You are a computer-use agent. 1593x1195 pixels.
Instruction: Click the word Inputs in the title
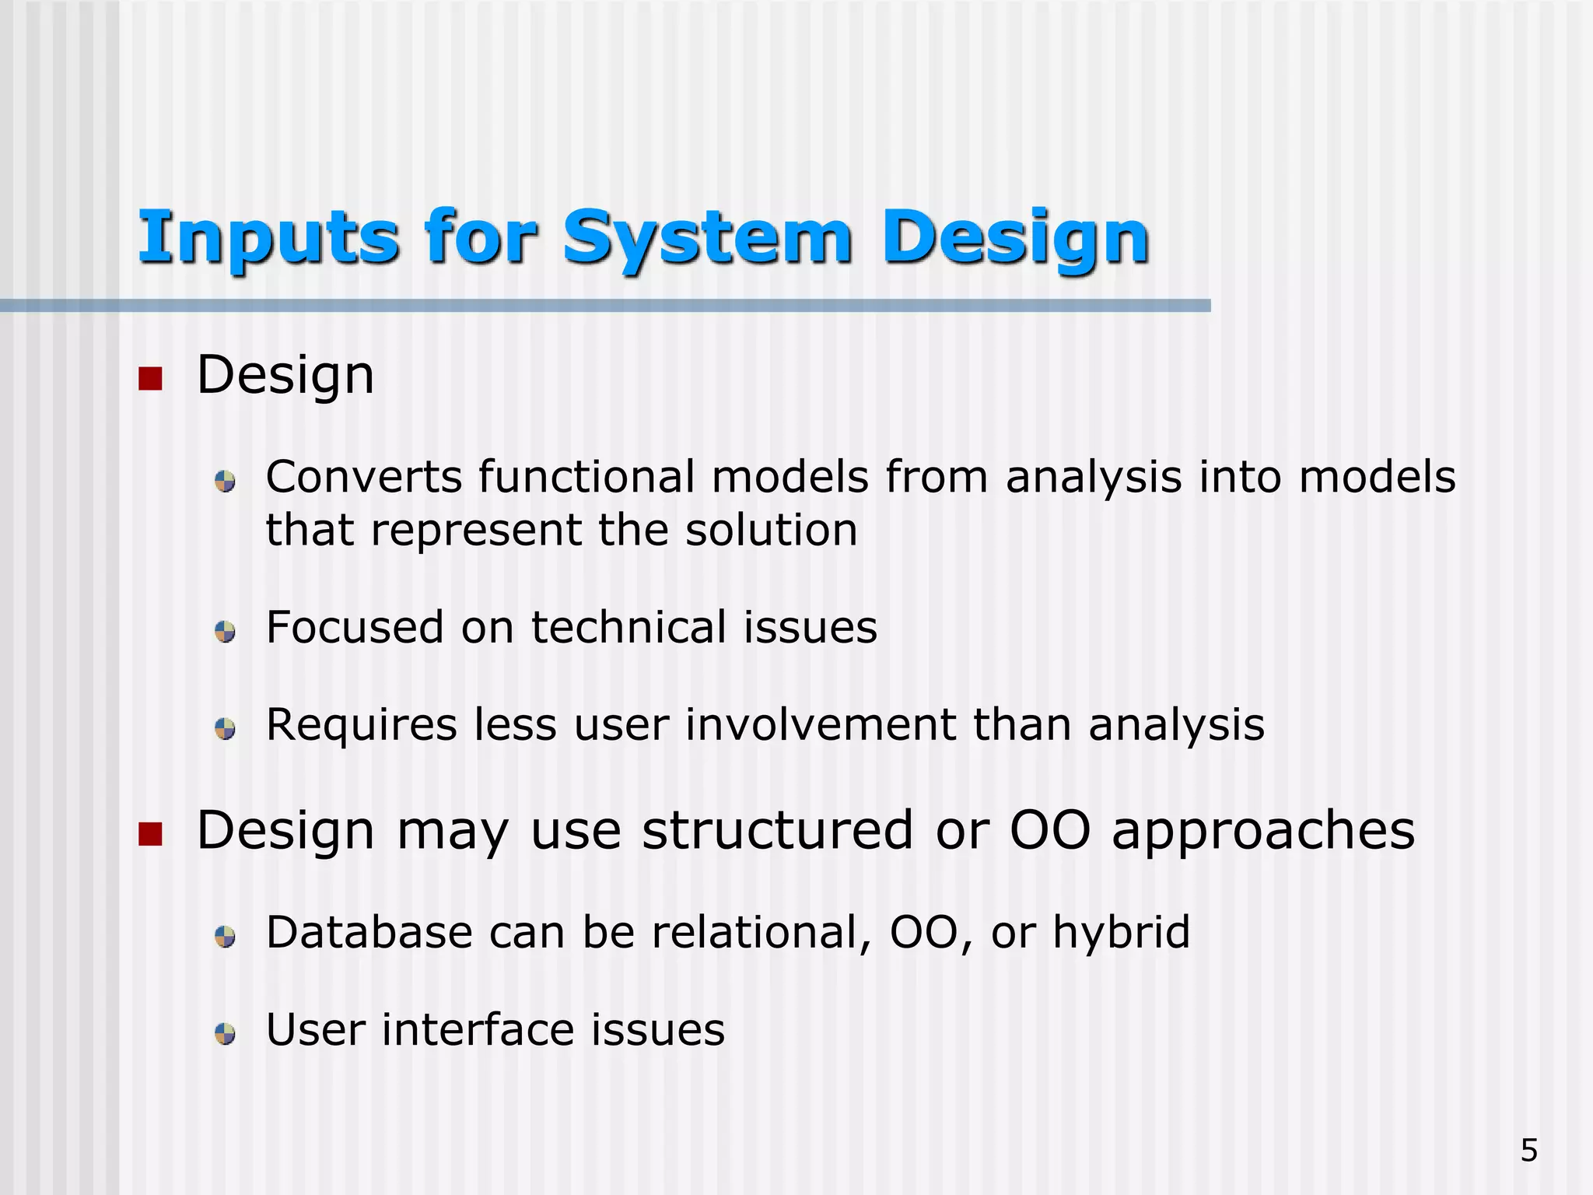coord(268,237)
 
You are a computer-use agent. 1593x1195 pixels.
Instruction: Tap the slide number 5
coord(1528,1150)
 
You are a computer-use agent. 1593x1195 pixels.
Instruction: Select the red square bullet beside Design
coord(149,379)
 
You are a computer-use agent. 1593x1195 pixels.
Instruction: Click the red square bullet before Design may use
coord(149,834)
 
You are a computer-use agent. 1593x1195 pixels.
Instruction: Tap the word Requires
coord(361,725)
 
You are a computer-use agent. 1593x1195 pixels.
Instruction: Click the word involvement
coord(821,725)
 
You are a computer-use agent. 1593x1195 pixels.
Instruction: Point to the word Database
coord(369,932)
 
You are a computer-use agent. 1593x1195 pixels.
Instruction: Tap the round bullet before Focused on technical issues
coord(225,631)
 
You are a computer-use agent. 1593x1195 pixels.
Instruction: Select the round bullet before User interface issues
coord(225,1034)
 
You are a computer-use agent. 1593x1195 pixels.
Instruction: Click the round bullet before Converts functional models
coord(225,481)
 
